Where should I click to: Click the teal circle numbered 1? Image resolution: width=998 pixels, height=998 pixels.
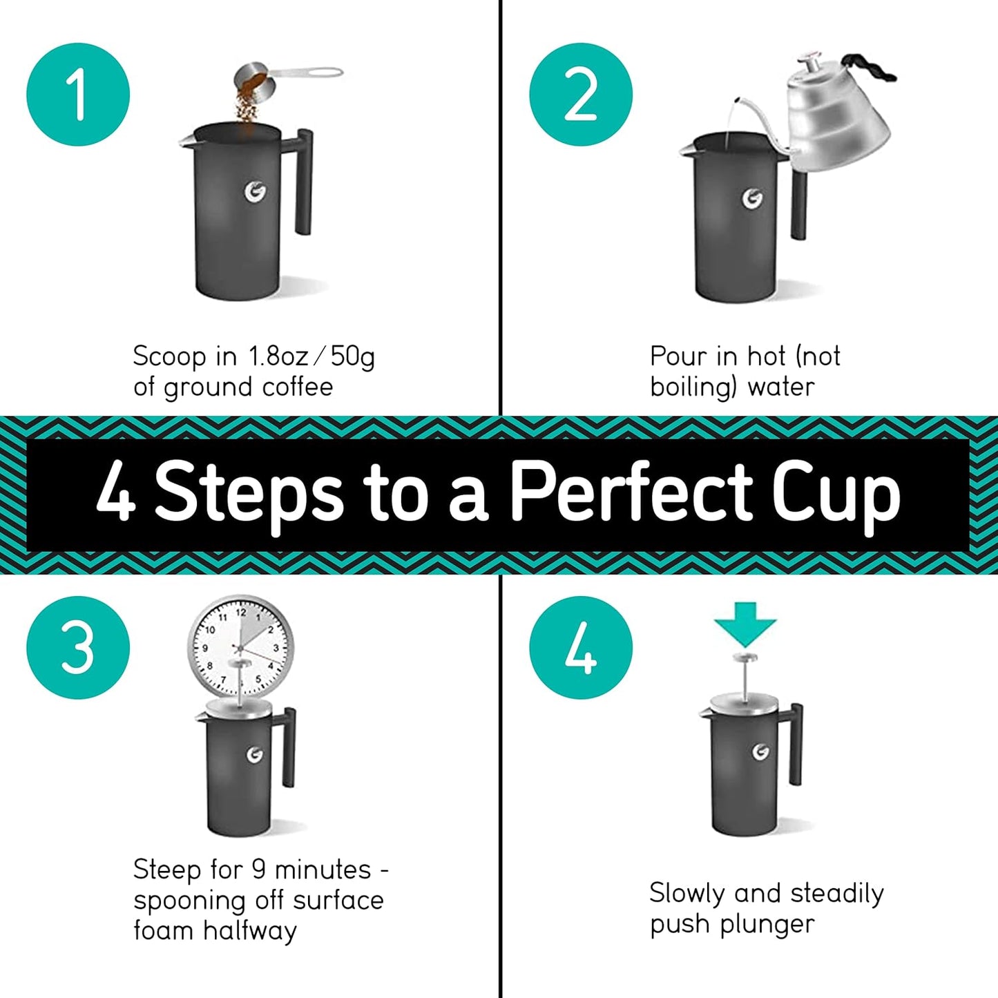tap(78, 95)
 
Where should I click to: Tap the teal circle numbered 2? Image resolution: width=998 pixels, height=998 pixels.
tap(581, 95)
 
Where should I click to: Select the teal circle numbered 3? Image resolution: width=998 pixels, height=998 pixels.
tap(78, 648)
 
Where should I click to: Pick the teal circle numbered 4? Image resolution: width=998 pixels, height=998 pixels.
tap(581, 648)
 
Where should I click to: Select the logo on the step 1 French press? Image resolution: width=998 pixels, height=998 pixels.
tap(255, 192)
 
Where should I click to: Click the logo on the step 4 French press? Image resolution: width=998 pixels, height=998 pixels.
tap(760, 751)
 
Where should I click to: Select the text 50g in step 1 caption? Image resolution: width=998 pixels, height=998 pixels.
tap(352, 357)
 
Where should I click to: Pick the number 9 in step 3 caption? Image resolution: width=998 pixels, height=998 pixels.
tap(259, 869)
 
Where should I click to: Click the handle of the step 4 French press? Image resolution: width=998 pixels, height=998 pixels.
tap(797, 746)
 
